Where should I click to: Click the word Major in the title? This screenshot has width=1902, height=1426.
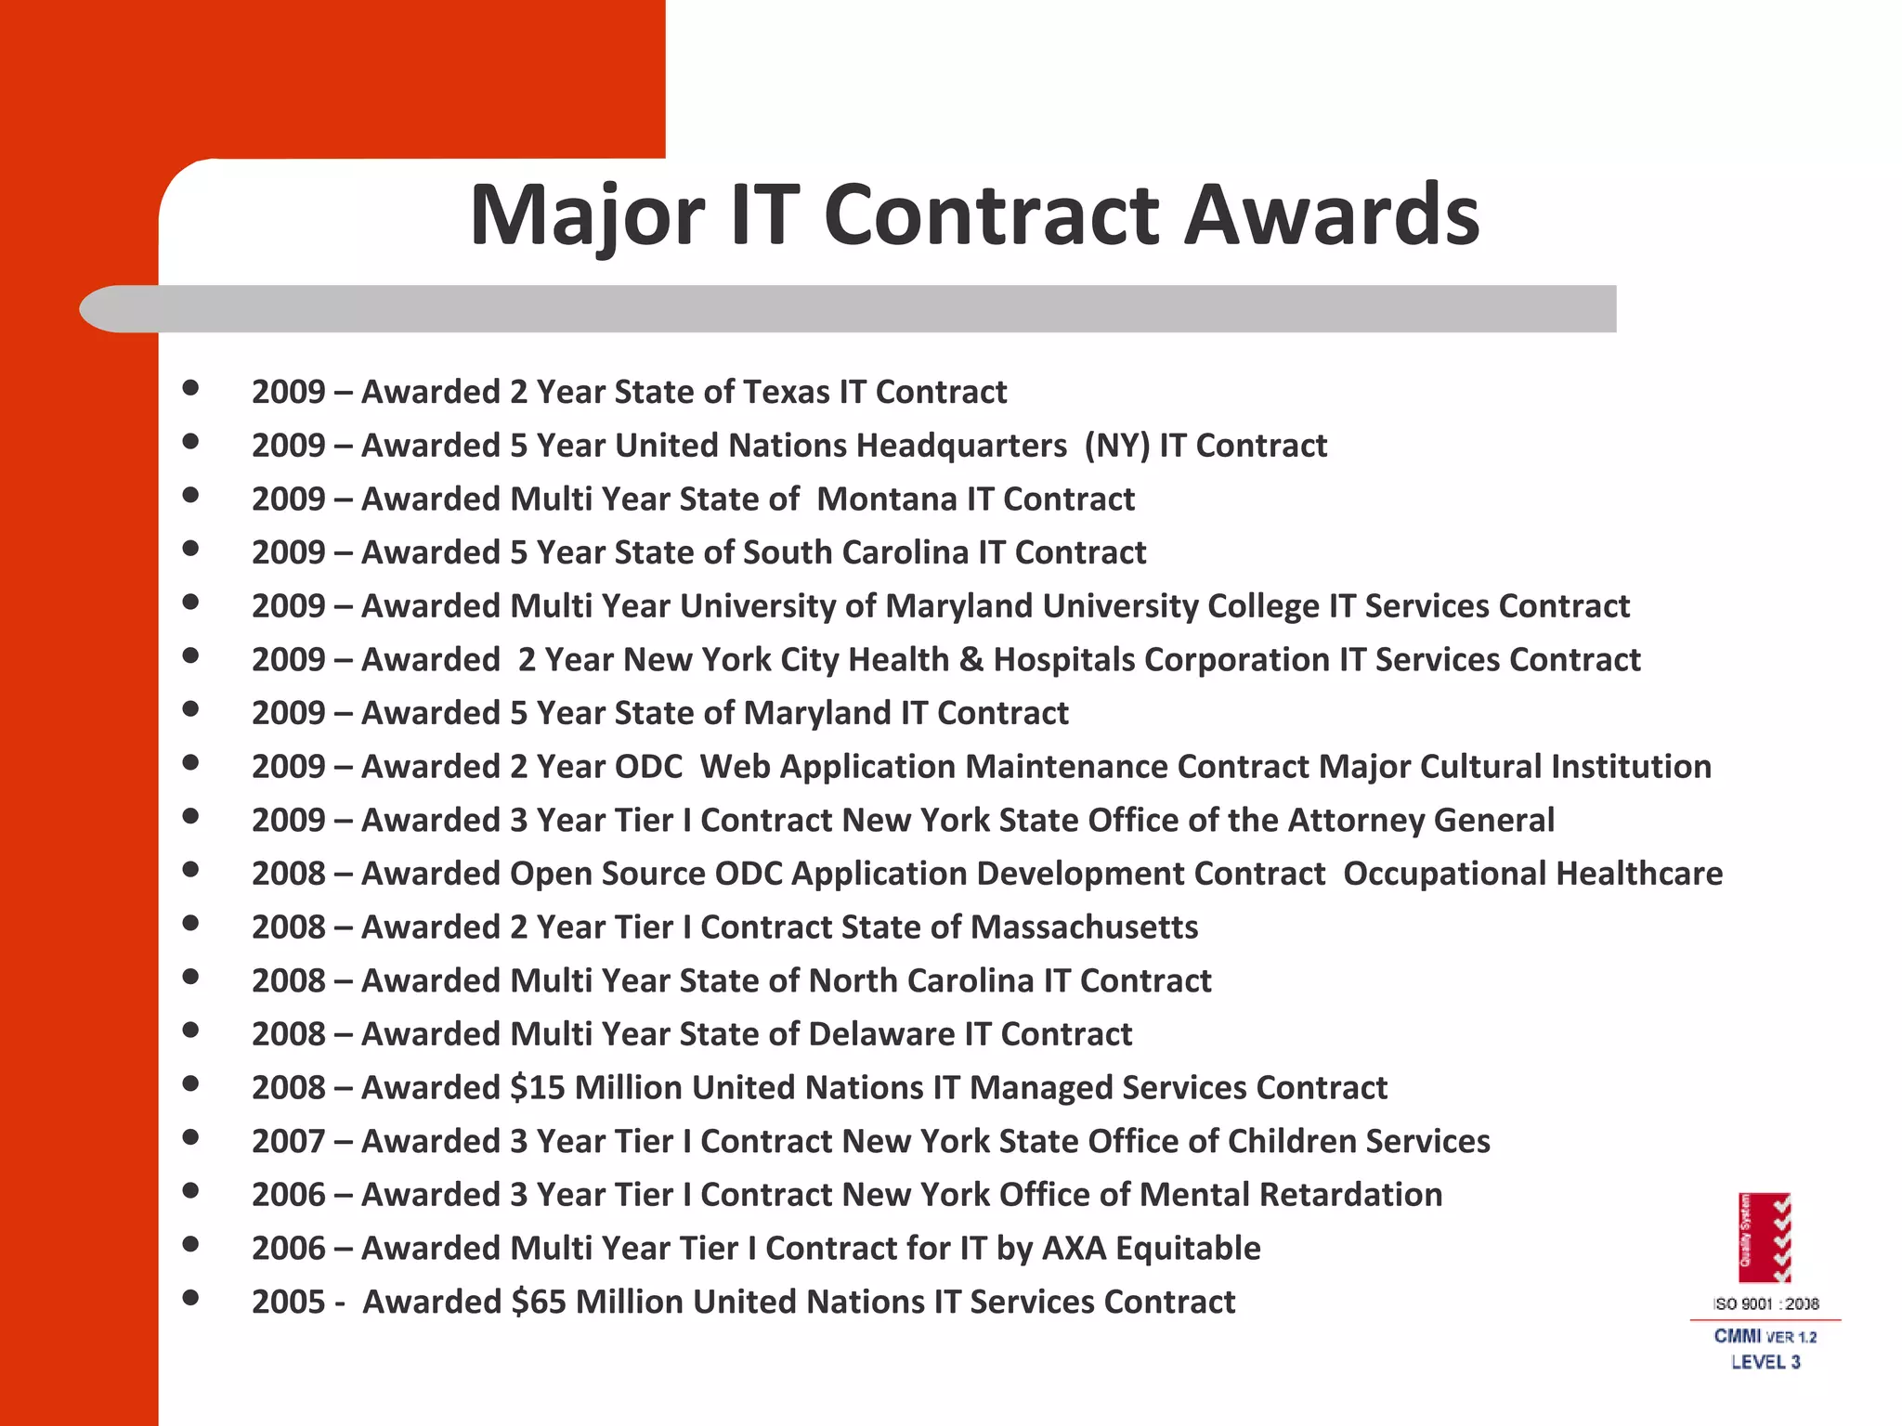[x=587, y=215]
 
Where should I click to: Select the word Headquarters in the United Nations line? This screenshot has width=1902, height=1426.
[x=961, y=446]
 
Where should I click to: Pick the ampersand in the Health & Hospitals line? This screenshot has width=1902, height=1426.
[x=971, y=660]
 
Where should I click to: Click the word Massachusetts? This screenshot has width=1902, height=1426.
[x=1084, y=927]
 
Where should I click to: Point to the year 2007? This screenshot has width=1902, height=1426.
[x=288, y=1141]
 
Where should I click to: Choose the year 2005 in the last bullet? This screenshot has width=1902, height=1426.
[x=288, y=1302]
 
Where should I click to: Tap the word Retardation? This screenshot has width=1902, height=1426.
[x=1351, y=1195]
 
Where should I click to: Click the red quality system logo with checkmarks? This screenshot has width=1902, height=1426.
[x=1765, y=1238]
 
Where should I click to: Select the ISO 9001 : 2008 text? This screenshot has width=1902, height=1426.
[x=1765, y=1303]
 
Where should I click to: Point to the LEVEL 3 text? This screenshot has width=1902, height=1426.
[x=1765, y=1362]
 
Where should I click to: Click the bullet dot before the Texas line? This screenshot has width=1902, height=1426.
[x=191, y=388]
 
